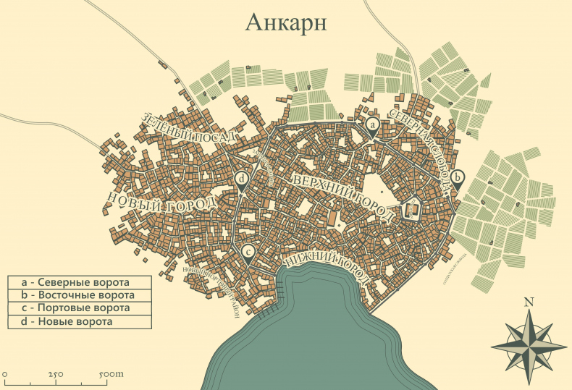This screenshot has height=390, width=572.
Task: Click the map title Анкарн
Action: [x=286, y=22]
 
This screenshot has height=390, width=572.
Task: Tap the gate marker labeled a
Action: [x=372, y=126]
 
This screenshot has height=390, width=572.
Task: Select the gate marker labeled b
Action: [x=457, y=177]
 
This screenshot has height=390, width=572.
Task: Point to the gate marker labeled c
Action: [x=248, y=250]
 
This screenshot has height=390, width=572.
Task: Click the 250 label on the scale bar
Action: [x=56, y=374]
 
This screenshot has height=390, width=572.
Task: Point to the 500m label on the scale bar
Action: [x=109, y=374]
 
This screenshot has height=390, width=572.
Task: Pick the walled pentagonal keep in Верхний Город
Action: [x=411, y=210]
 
